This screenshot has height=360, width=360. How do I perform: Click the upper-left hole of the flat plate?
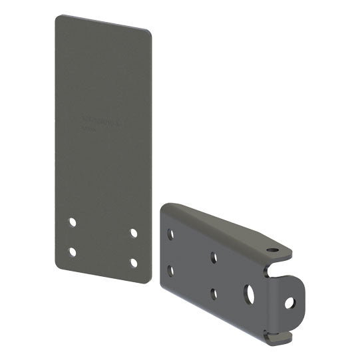click(x=73, y=221)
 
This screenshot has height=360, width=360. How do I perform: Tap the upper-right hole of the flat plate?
click(x=134, y=233)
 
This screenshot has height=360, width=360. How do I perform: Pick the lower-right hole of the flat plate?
click(x=134, y=262)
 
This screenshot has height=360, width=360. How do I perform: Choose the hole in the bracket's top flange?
click(x=272, y=251)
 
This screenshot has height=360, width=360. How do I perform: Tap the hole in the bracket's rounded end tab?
click(x=289, y=303)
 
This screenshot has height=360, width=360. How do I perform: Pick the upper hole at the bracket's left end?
click(x=171, y=234)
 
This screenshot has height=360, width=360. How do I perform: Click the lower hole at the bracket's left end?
click(x=171, y=271)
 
